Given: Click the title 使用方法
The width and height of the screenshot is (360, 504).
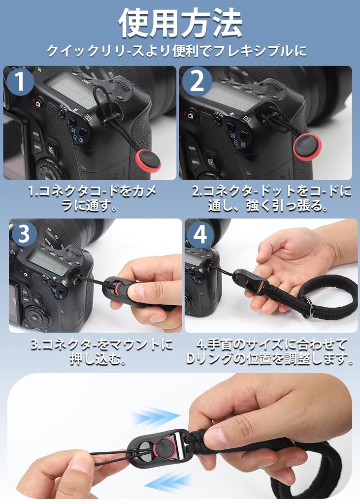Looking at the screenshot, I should click(180, 23).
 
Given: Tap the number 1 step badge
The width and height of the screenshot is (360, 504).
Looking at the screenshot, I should click(20, 82).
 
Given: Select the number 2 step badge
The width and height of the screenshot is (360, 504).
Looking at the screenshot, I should click(196, 82).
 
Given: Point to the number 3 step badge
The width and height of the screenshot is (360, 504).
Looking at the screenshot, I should click(25, 235).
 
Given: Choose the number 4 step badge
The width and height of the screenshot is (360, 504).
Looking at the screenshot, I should click(200, 235).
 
